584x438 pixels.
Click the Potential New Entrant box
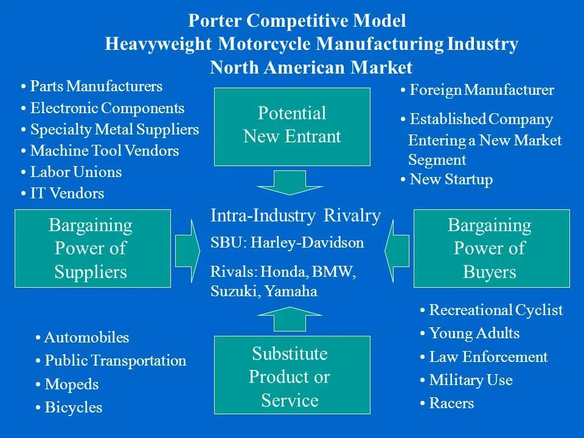click(x=292, y=126)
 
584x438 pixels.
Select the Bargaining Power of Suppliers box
click(x=92, y=248)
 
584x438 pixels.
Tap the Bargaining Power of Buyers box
click(x=492, y=248)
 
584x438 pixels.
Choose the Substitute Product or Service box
click(x=292, y=377)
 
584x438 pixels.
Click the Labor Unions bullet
click(x=75, y=172)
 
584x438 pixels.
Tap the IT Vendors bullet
click(x=67, y=193)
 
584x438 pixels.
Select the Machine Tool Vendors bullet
click(x=104, y=151)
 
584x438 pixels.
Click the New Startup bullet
click(x=450, y=179)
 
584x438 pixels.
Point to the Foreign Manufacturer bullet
click(x=481, y=91)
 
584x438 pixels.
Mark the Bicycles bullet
click(x=73, y=408)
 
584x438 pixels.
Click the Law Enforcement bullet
click(x=488, y=357)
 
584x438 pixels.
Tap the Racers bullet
click(x=451, y=403)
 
